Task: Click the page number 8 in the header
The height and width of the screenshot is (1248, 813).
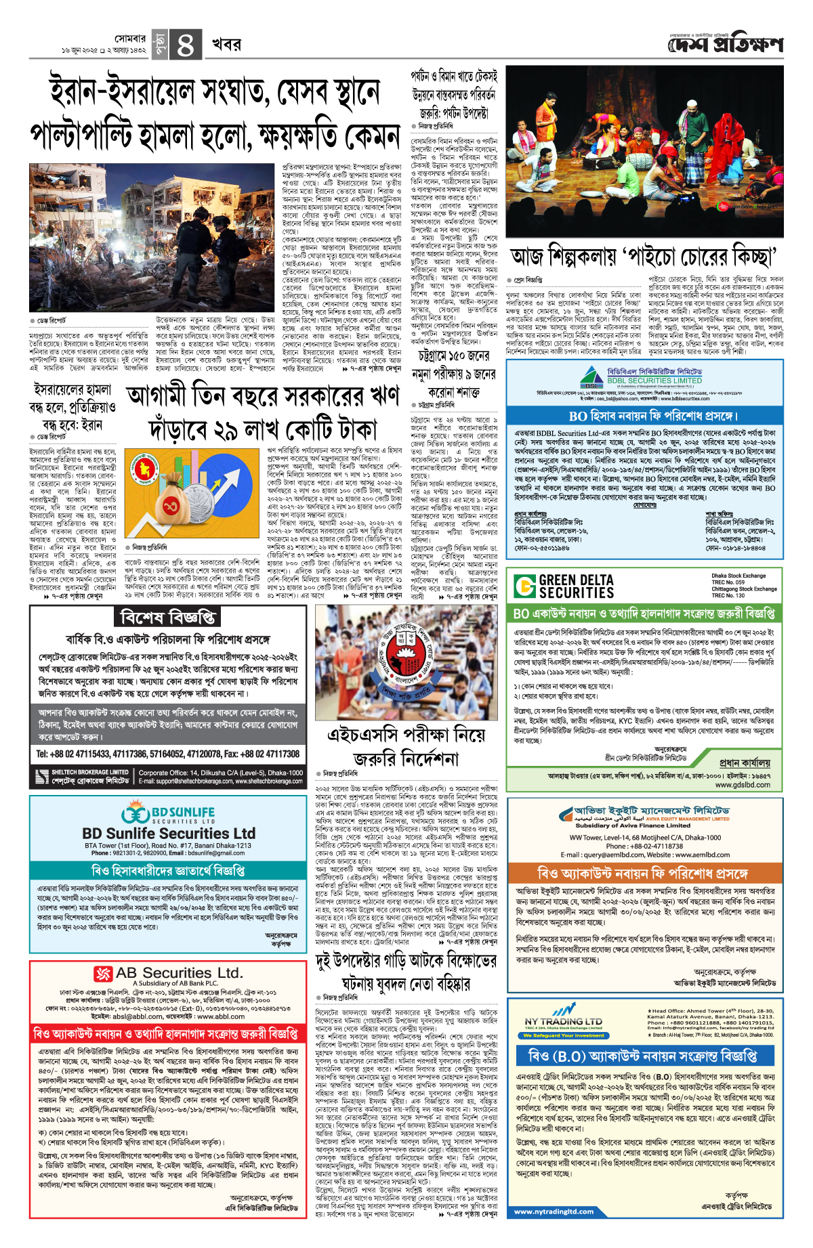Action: coord(185,45)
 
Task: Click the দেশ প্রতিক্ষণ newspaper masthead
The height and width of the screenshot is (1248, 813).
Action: coord(726,45)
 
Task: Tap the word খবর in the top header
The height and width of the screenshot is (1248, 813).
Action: coord(226,45)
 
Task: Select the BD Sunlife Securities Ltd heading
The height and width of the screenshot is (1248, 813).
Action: coord(169,833)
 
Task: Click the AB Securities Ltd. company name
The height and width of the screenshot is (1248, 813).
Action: coord(179,973)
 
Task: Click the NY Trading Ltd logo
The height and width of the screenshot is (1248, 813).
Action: coord(563,1023)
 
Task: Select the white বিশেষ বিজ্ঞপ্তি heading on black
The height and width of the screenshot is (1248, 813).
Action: coord(167,618)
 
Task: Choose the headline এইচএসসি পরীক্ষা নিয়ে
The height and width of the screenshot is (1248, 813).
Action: coord(406,735)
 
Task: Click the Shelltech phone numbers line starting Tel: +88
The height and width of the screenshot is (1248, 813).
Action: coord(167,754)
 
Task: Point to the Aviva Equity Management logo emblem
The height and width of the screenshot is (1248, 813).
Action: coord(566,813)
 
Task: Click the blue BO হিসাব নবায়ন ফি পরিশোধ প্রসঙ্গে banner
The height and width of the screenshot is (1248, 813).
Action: coord(644,416)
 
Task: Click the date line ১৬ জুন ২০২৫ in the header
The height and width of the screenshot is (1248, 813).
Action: coord(103,51)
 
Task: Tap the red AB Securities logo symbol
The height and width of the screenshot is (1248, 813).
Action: coord(103,974)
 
